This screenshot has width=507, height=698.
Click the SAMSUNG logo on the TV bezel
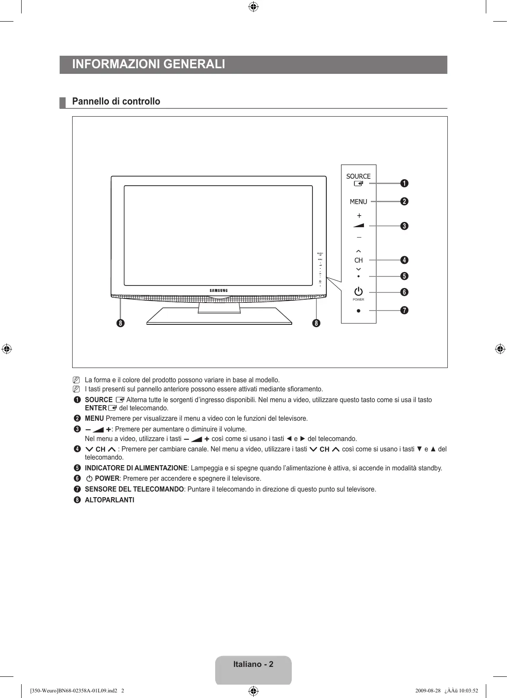click(x=219, y=290)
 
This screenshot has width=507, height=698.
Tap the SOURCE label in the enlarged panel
click(x=358, y=176)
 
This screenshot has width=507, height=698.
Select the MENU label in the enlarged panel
click(x=358, y=202)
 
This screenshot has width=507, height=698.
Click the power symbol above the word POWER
click(x=358, y=292)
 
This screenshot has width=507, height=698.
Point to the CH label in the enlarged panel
click(x=358, y=260)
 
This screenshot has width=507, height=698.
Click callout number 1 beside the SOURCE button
click(x=404, y=183)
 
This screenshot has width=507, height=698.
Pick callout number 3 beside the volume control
click(x=404, y=226)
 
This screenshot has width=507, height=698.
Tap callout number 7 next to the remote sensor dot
click(x=404, y=311)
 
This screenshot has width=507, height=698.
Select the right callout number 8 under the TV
click(x=317, y=323)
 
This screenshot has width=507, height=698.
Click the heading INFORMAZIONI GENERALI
click(x=149, y=64)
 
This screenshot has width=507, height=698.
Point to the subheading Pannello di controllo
click(x=116, y=102)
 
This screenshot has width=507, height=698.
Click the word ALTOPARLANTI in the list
click(x=109, y=500)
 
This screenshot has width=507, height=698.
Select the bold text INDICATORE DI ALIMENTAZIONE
click(x=136, y=468)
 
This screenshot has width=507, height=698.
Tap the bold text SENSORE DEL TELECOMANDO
click(x=134, y=489)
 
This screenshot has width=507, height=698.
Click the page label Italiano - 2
click(x=253, y=664)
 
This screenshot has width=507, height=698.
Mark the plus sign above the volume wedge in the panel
click(x=359, y=216)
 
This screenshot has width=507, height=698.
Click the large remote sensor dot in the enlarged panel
click(x=358, y=311)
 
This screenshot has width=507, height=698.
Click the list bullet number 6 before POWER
click(x=77, y=479)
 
